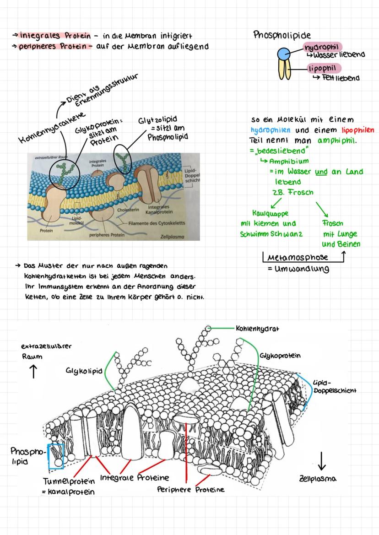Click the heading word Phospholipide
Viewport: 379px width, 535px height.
(282, 35)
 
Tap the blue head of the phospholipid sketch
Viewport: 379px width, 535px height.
(283, 54)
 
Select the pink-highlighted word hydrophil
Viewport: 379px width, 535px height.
(321, 47)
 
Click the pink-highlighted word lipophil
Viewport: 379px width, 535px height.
(322, 68)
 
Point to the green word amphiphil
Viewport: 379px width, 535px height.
(337, 141)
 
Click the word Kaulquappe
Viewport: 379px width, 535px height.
(270, 213)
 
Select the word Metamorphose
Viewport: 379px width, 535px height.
(298, 257)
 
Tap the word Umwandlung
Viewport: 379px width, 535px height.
(302, 269)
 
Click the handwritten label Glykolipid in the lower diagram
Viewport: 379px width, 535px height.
(84, 371)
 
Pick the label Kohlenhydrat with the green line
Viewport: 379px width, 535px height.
(258, 329)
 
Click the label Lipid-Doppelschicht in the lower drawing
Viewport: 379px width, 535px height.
(335, 387)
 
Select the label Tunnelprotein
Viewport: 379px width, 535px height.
(69, 481)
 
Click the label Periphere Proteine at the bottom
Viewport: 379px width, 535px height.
(191, 490)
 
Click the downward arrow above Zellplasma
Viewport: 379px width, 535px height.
(321, 461)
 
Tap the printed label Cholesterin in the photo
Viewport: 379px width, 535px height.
(128, 210)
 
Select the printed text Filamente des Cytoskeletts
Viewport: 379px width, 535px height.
(157, 223)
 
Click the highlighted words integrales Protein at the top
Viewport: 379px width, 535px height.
(55, 36)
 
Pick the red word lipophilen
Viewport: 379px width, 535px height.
(357, 130)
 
